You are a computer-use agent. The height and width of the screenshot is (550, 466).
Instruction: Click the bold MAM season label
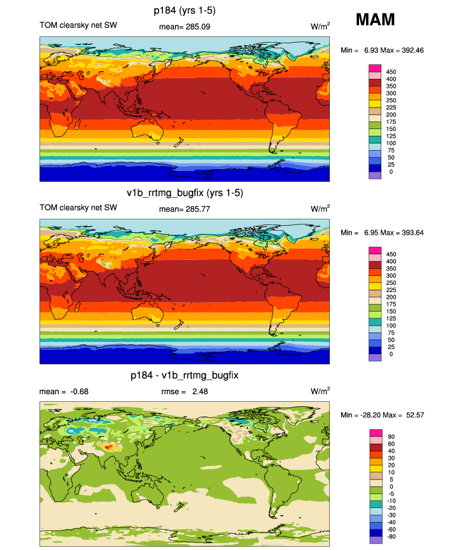(375, 20)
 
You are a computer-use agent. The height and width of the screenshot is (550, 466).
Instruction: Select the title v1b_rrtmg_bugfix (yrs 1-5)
(185, 193)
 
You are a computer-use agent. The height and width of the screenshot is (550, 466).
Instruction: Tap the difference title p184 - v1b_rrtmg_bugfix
(185, 376)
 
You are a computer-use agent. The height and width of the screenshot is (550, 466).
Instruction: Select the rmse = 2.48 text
(185, 392)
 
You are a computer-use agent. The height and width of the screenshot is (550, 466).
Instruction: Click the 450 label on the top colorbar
(387, 71)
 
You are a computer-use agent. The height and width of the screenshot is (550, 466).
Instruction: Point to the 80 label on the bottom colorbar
(387, 436)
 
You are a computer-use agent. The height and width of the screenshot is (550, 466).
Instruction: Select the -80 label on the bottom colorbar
(387, 536)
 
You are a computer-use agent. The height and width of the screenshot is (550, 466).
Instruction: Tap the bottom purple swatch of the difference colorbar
(374, 540)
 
